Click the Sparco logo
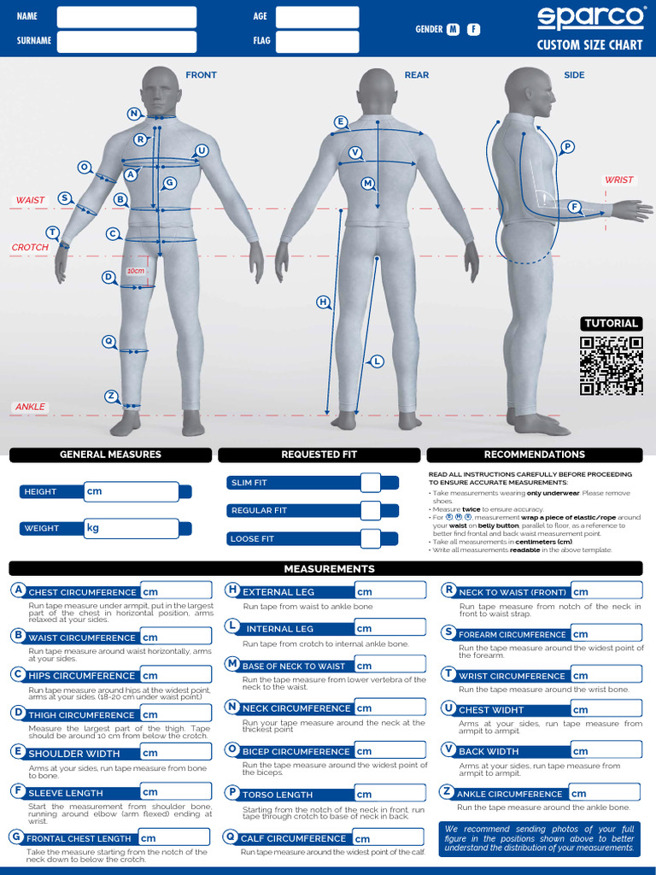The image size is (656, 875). click(x=589, y=18)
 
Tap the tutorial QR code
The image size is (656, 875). click(x=611, y=366)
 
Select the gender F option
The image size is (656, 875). click(x=473, y=30)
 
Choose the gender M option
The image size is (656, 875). click(x=453, y=30)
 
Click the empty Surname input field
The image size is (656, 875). click(x=126, y=41)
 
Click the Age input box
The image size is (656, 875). click(x=317, y=17)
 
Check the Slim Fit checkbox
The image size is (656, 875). click(x=370, y=483)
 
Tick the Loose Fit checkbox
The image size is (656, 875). click(x=370, y=538)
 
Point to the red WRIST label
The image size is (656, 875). click(x=619, y=180)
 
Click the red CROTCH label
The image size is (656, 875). click(x=30, y=248)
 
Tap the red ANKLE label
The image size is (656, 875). click(x=30, y=407)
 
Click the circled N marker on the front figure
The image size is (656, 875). click(x=134, y=114)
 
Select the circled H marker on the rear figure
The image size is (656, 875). click(x=323, y=302)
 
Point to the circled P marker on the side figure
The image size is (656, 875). click(x=568, y=147)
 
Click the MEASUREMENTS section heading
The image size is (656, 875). click(x=328, y=568)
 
